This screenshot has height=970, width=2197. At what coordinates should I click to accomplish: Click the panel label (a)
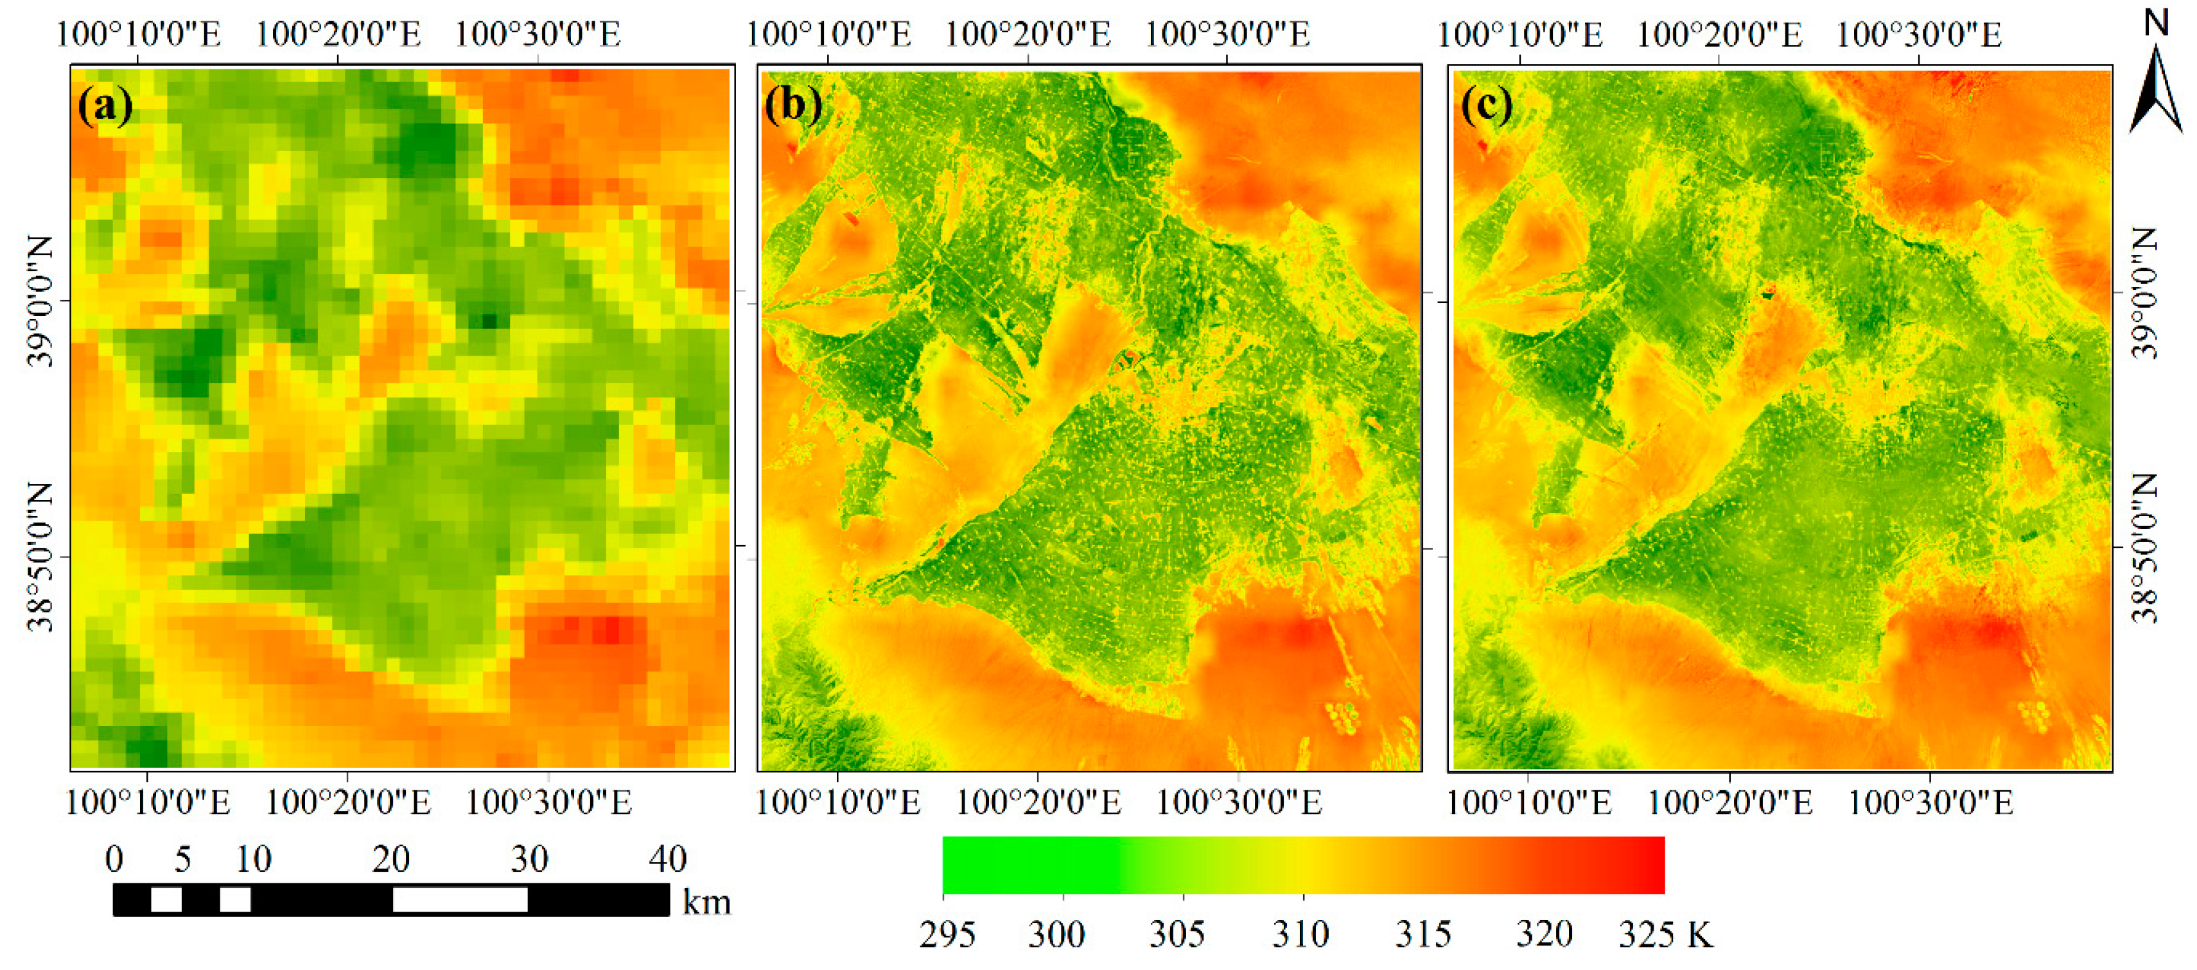tap(105, 106)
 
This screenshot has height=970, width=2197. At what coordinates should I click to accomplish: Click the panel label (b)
tap(793, 106)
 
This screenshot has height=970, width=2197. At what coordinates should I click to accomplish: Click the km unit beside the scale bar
tap(706, 902)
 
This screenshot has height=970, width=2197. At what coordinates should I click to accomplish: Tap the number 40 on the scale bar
tap(667, 859)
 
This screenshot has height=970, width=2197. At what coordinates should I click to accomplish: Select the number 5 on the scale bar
tap(182, 859)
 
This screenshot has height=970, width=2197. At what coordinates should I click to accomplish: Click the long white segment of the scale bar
tap(460, 900)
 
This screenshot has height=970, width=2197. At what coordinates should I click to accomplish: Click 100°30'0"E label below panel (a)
tap(548, 802)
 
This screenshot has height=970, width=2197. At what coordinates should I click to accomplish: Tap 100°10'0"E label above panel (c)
tap(1520, 34)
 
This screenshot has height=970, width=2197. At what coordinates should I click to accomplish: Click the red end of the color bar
tap(1650, 865)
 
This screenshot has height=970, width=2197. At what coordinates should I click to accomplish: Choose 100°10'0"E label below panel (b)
tap(837, 802)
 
